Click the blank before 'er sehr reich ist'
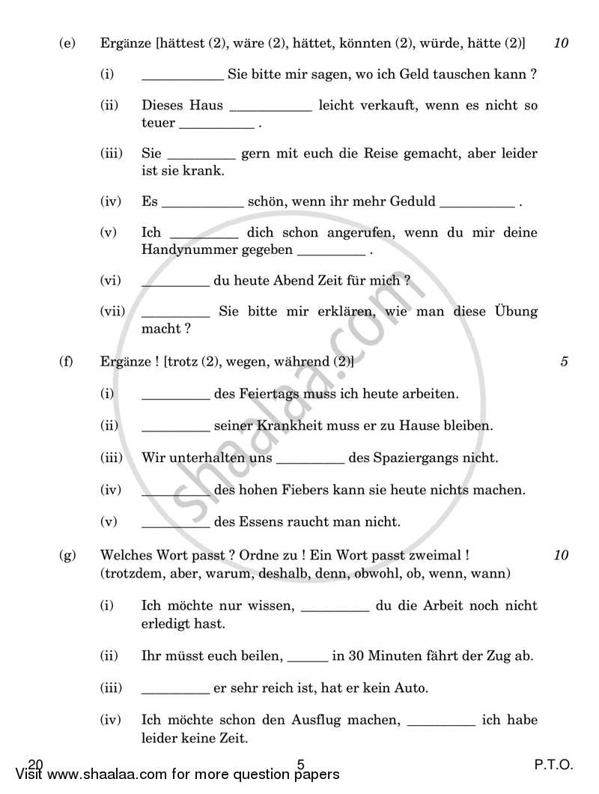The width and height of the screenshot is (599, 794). [x=175, y=688]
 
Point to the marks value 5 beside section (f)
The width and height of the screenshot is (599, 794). [x=563, y=362]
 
